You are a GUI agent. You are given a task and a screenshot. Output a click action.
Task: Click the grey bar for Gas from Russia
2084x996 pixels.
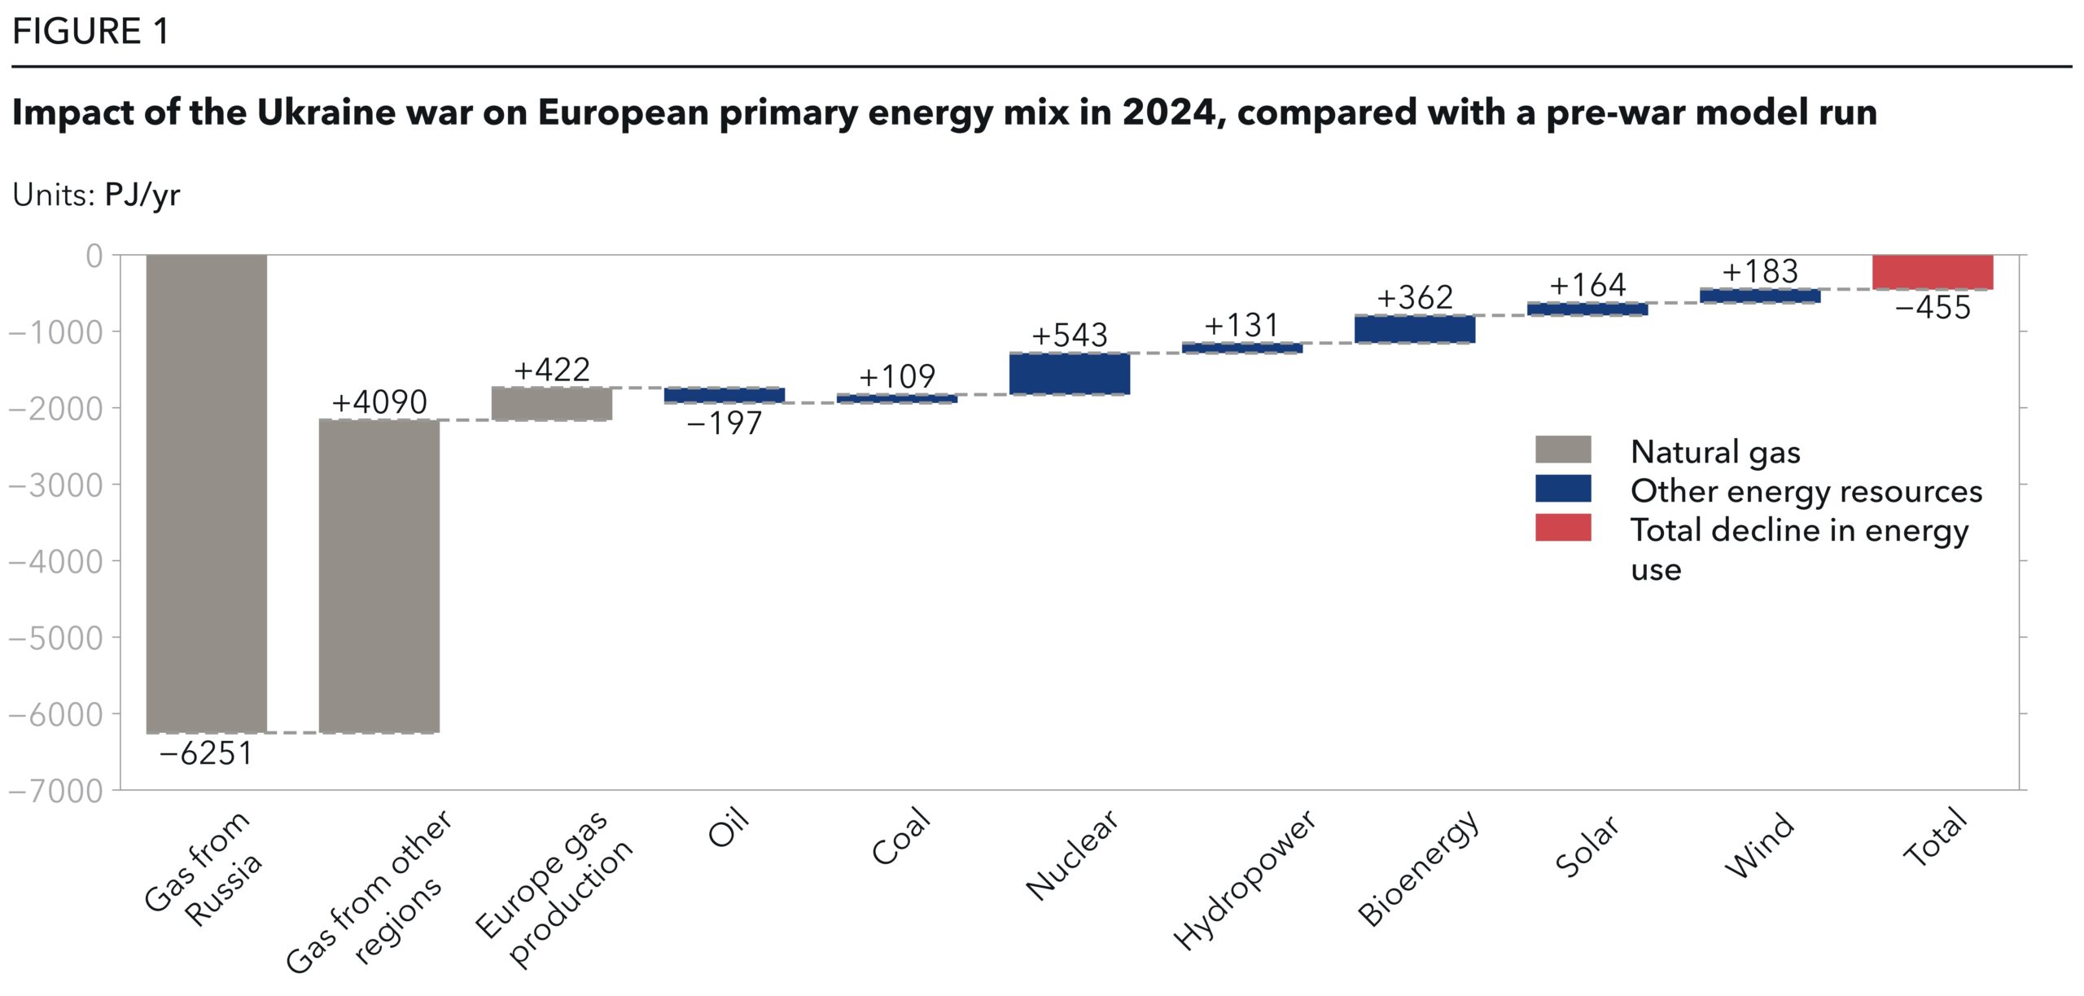[x=207, y=494]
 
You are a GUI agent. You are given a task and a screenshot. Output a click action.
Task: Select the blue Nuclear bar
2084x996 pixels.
[x=1069, y=374]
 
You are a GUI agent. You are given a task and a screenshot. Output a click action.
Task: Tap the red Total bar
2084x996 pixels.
[x=1933, y=272]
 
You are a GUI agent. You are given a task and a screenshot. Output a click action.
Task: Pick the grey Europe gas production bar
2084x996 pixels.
[x=552, y=404]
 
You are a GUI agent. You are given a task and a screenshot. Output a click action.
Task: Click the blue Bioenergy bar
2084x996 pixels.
[x=1415, y=329]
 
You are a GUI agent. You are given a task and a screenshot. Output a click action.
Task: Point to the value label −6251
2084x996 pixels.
[x=207, y=753]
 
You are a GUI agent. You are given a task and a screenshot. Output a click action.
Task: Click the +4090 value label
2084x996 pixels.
[x=379, y=401]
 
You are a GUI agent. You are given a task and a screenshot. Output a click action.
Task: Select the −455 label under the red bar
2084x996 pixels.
[x=1933, y=308]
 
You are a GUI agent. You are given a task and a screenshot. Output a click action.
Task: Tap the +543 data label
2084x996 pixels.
[x=1069, y=335]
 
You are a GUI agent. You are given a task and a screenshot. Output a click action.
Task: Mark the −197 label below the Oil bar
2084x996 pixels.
[x=725, y=423]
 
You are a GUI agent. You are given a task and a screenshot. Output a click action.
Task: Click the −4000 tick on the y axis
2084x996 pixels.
[x=56, y=561]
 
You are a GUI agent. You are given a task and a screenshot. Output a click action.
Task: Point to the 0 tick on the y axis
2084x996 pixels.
[x=94, y=256]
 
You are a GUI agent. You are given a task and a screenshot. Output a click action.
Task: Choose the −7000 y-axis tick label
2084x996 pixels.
[x=56, y=791]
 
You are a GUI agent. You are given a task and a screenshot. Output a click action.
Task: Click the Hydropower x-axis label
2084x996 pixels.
[x=1243, y=880]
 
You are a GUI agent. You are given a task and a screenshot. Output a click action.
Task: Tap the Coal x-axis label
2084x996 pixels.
[x=900, y=836]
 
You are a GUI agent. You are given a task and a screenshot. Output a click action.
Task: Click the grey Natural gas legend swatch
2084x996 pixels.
[x=1562, y=450]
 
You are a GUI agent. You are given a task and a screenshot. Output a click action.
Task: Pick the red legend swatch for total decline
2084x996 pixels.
[x=1562, y=528]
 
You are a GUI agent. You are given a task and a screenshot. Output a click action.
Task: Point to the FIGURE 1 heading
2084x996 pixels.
[x=90, y=32]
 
